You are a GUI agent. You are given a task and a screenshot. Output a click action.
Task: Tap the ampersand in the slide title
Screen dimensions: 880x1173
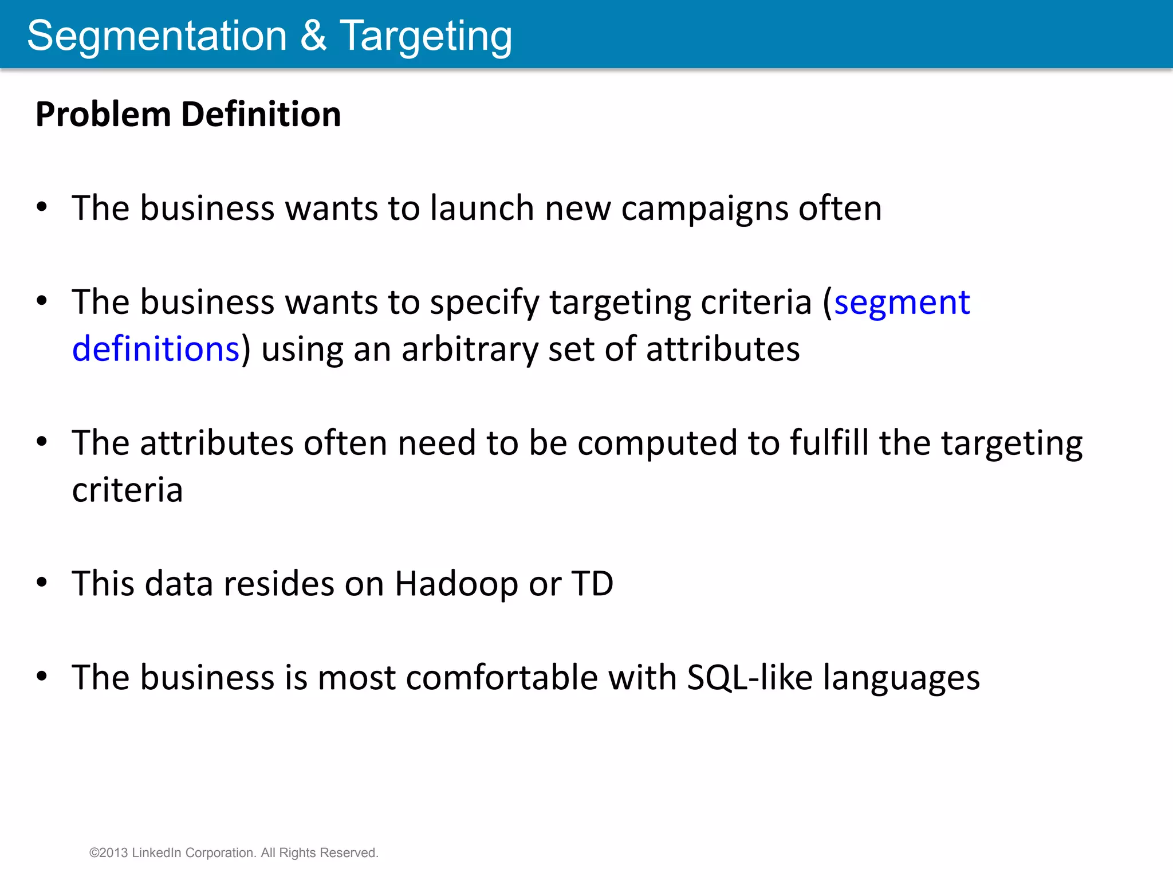313,36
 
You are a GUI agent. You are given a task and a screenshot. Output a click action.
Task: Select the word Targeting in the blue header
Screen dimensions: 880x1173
426,37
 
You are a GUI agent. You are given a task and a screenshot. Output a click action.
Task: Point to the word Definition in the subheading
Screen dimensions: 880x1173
261,114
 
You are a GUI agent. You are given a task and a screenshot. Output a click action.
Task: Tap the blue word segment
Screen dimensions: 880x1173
902,303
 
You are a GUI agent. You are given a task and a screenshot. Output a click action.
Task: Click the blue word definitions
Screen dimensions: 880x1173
155,349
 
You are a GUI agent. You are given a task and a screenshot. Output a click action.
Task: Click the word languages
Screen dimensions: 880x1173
902,678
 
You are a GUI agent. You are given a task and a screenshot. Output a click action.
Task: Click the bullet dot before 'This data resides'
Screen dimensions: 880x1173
42,583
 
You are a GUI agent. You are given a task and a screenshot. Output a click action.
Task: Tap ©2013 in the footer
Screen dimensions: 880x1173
109,852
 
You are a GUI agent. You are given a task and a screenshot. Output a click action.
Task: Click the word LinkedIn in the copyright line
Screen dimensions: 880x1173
156,852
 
